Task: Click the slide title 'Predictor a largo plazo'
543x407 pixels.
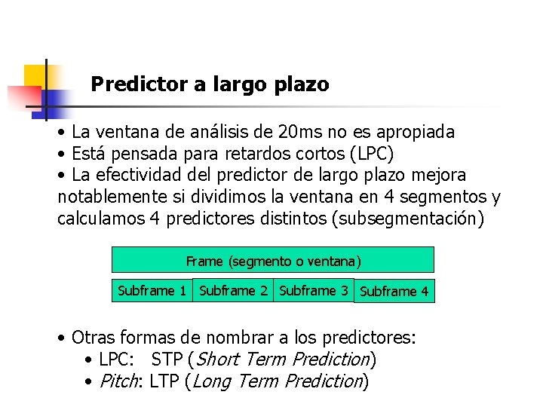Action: (x=210, y=84)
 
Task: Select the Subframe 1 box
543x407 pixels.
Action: (x=152, y=290)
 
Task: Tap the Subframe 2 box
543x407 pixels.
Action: (x=233, y=290)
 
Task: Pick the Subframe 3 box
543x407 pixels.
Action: (x=313, y=290)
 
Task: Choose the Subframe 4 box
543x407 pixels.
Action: (x=394, y=291)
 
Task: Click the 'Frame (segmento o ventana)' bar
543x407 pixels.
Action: (x=273, y=261)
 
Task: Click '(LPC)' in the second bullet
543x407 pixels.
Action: (x=371, y=154)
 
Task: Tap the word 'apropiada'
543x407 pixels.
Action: (x=415, y=132)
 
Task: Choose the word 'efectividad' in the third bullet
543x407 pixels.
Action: (x=140, y=176)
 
